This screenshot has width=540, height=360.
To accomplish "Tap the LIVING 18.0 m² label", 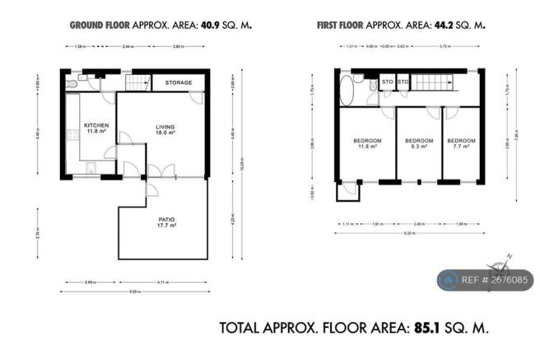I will click(167, 126).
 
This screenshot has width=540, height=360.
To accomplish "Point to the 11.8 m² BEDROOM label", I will click(367, 141).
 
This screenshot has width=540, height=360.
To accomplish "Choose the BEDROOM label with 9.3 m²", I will click(419, 141).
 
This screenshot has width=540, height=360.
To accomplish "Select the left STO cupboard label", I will click(387, 82).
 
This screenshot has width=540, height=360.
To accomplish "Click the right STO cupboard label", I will click(403, 82).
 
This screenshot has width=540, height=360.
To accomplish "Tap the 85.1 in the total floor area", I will click(427, 328).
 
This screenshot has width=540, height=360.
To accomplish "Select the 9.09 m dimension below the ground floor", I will click(135, 292).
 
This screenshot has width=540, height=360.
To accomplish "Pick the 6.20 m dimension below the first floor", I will click(409, 234).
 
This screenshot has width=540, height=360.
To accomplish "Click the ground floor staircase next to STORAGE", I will click(141, 83).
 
